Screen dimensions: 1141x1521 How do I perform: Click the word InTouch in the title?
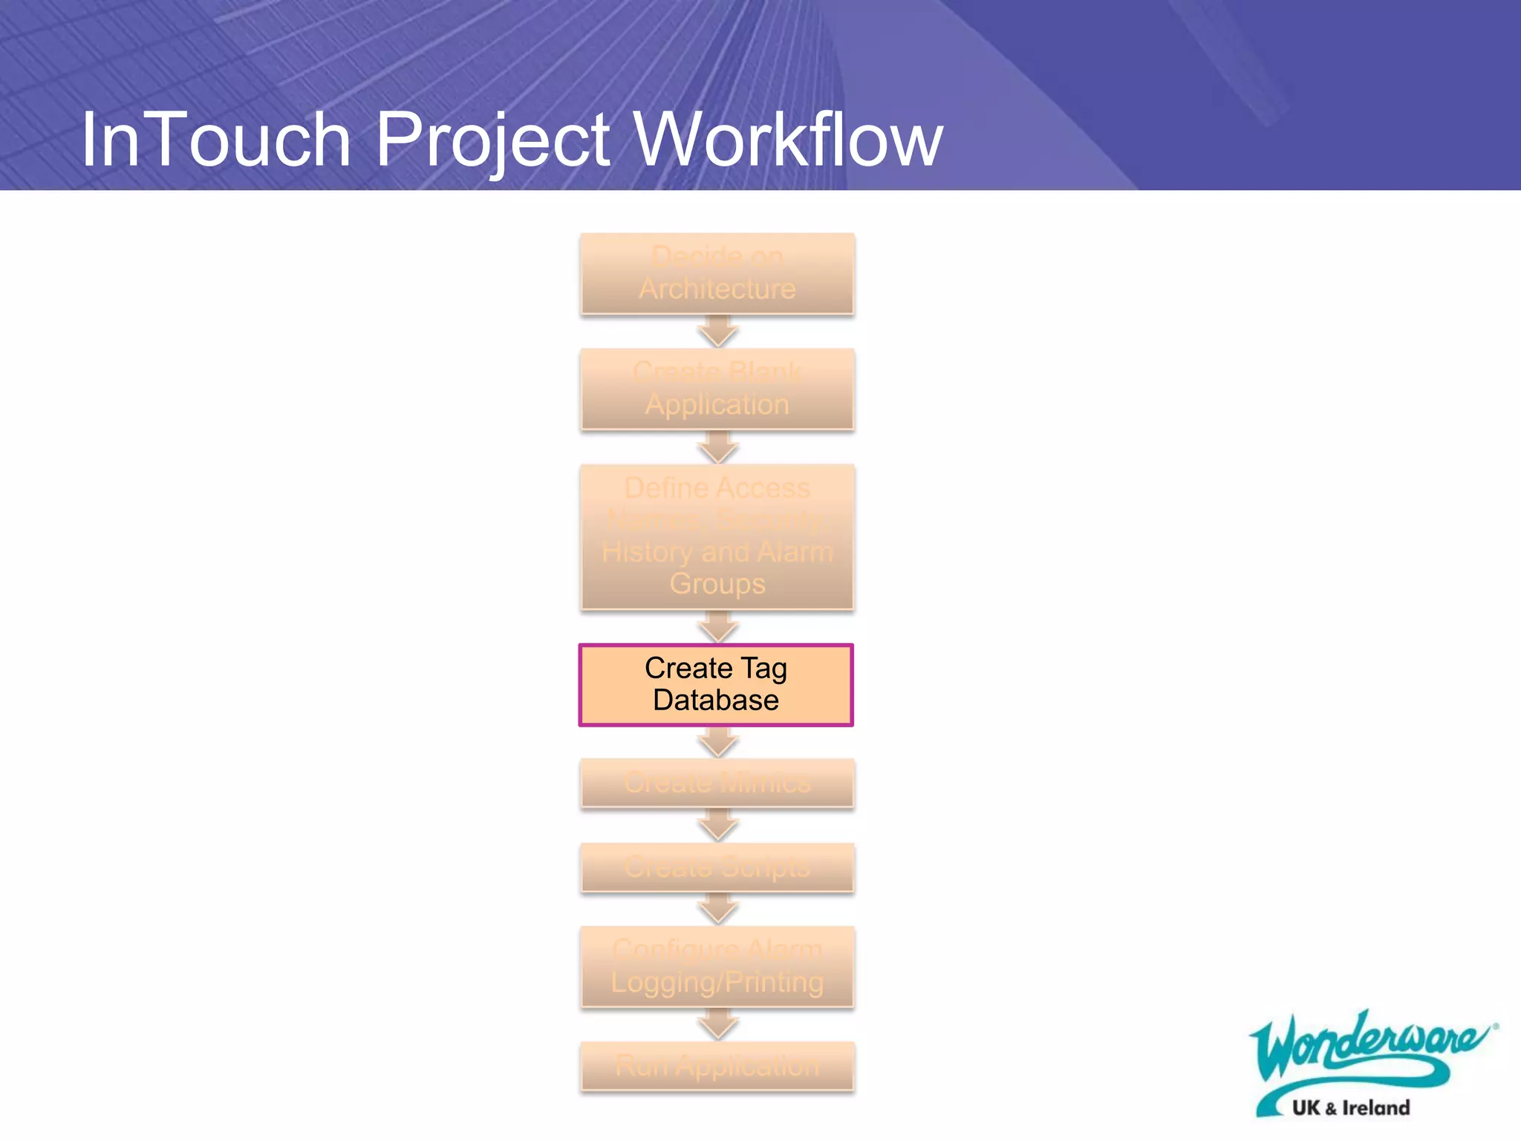215,140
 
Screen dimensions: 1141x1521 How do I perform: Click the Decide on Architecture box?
717,273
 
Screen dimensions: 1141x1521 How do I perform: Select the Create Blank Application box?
717,389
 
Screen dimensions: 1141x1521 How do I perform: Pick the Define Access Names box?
717,536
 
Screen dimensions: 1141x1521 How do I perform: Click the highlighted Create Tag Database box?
716,684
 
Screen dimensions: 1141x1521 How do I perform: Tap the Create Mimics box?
717,782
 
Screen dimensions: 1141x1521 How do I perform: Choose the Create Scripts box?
717,867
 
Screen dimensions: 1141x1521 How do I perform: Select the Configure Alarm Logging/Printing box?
717,966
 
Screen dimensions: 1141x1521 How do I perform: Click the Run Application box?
717,1066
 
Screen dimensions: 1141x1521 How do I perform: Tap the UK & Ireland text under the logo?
1350,1108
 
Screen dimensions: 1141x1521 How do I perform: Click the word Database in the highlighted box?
716,700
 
